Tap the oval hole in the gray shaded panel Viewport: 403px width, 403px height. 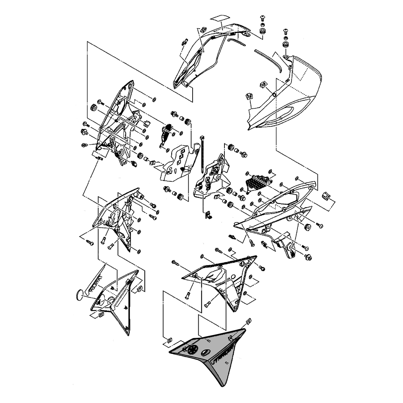(205, 353)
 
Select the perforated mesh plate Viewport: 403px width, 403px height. (257, 182)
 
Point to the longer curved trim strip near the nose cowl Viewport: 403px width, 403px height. (267, 60)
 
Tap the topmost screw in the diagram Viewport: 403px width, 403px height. (262, 18)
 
